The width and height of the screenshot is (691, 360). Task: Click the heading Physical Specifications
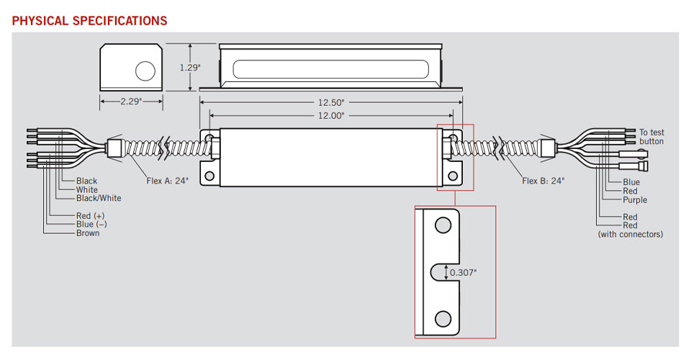coord(89,20)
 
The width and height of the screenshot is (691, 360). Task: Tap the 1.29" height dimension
coord(189,67)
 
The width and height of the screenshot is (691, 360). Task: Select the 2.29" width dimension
coord(131,102)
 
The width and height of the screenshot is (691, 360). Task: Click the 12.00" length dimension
coord(331,115)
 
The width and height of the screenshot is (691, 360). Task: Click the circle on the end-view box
coord(145,71)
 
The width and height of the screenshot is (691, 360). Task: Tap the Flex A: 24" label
coord(167,181)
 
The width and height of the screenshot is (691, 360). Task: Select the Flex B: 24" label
coord(543,181)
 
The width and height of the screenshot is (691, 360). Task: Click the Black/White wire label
coord(99,198)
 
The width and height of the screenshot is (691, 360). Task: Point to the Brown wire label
coord(88,233)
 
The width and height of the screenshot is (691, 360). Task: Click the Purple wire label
coord(635,199)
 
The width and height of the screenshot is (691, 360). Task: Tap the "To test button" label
coord(651,137)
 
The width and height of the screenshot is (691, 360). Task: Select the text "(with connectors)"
coord(631,235)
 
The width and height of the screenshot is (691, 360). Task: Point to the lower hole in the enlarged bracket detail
coord(443,319)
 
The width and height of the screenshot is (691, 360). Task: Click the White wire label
coord(87,190)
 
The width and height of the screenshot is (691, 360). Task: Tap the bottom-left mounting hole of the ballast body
coord(211,175)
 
